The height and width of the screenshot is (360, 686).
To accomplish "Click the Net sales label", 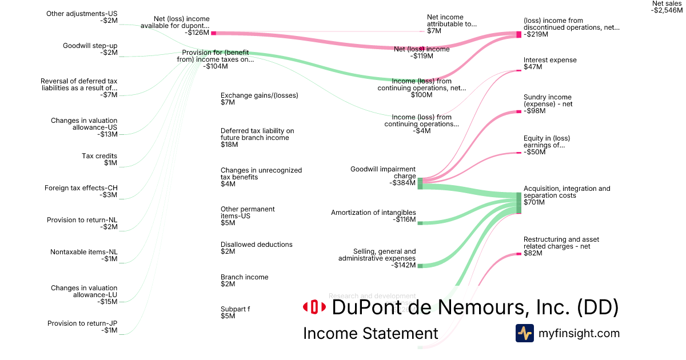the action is point(667,7).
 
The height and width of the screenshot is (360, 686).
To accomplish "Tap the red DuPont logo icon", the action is point(314,307).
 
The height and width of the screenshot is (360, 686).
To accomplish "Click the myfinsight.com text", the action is point(579,333).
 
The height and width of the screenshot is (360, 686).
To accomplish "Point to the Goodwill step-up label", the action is point(90,49).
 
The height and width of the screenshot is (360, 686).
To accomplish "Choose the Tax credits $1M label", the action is point(99,159).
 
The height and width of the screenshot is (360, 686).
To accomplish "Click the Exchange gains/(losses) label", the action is point(259,99).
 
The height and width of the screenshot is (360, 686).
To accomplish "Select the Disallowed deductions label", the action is point(256,248).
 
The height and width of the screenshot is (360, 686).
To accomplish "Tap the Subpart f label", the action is point(235,313).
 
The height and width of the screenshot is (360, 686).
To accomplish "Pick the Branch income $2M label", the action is point(244,281).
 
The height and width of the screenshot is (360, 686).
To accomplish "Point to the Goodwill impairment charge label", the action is point(383,173).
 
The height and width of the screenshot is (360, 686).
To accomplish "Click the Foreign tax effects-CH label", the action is point(81,191).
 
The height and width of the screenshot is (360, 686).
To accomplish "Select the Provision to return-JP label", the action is point(82,327).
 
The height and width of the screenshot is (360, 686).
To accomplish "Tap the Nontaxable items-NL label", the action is point(83,255).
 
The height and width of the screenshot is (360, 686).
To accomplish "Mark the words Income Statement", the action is point(370,334).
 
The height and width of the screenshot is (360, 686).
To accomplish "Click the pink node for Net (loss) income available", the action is point(213,33).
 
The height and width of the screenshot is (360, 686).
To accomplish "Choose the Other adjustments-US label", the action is point(82,17).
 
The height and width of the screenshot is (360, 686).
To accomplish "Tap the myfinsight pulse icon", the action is point(524,333).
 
